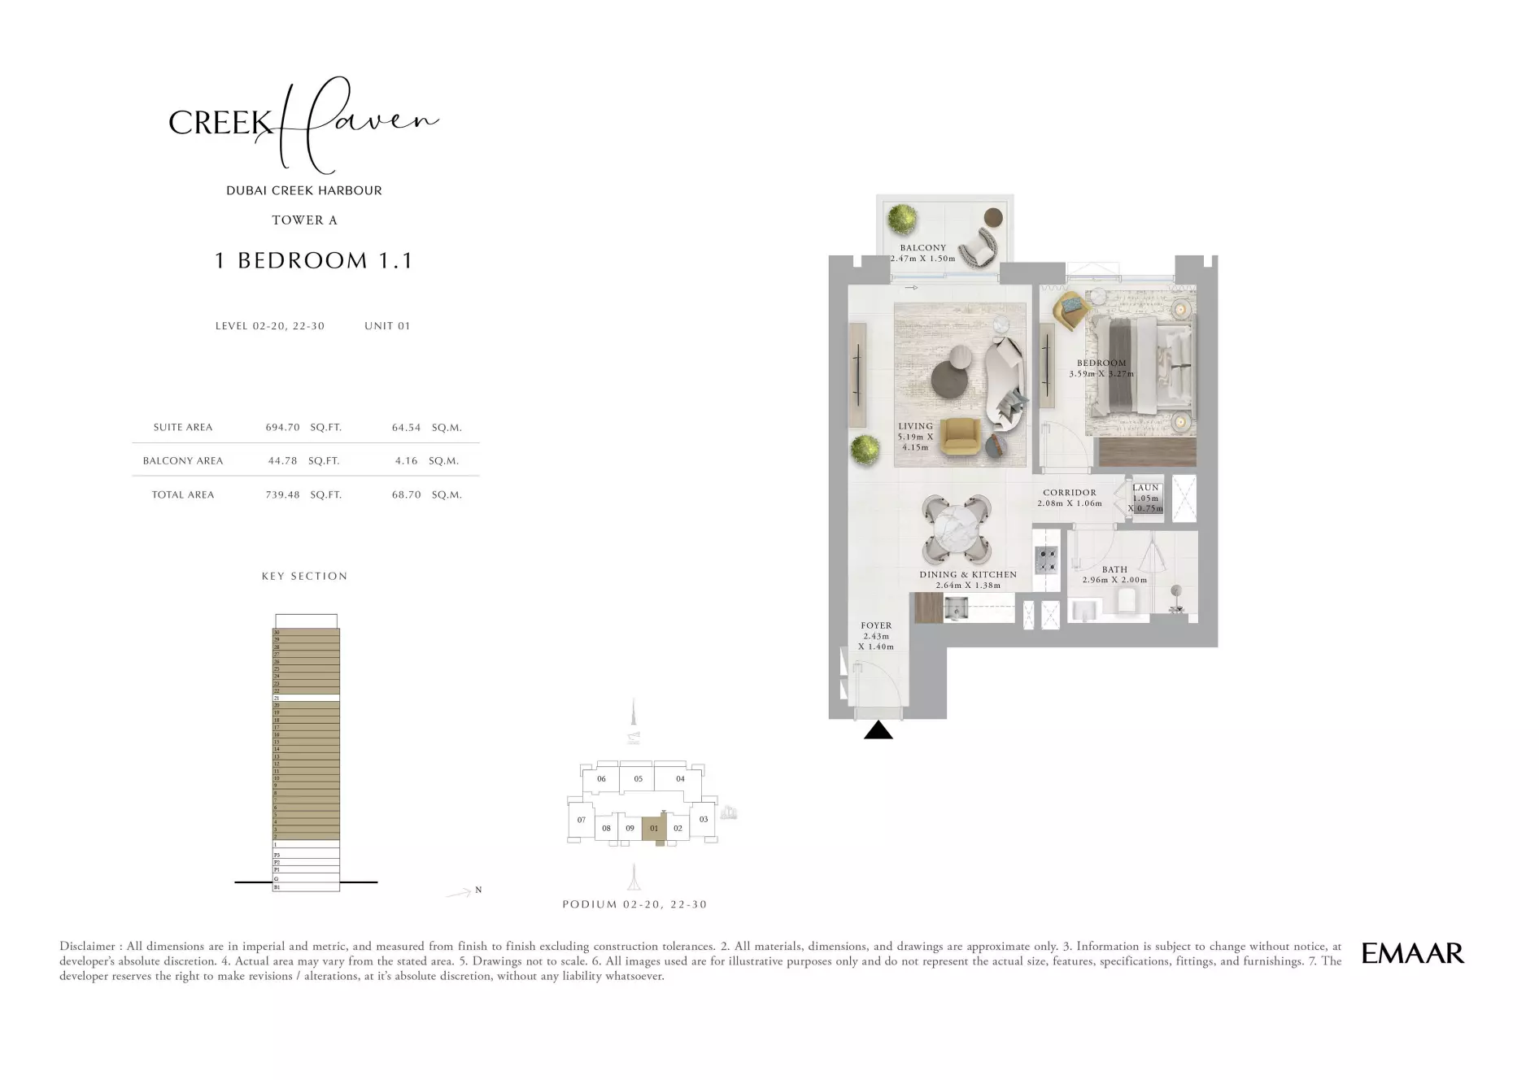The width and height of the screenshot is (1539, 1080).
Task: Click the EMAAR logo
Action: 1412,953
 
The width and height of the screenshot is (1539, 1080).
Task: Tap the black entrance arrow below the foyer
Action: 878,730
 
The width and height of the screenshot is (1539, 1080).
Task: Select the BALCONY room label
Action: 922,248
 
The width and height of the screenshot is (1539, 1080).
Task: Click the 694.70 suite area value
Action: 282,427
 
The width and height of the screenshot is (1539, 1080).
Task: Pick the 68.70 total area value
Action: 406,494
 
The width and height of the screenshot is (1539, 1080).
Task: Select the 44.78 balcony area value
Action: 282,460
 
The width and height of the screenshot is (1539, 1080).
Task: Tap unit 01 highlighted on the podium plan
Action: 653,829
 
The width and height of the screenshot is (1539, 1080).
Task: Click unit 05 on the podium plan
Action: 638,779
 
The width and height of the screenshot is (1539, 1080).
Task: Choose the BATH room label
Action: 1114,570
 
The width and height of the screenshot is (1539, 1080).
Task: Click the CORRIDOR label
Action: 1070,493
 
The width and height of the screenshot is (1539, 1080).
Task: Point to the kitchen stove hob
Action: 1045,559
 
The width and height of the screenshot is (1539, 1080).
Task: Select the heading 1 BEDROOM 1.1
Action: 314,260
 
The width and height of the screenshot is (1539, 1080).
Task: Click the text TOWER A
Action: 304,220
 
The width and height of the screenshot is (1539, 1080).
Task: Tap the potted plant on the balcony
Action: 902,218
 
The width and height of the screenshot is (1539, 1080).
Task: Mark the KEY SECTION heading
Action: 304,577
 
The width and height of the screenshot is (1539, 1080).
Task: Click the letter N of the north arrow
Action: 478,890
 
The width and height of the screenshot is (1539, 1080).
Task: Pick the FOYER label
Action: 876,626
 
